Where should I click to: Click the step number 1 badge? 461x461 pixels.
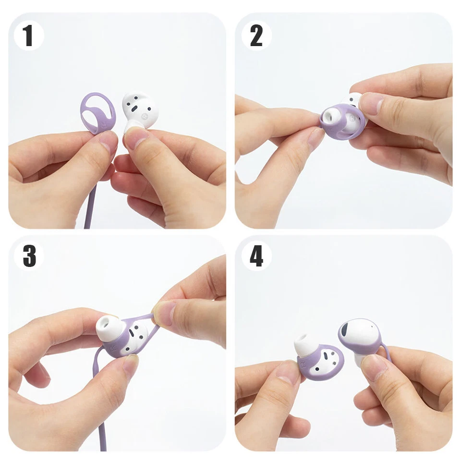[x=28, y=36]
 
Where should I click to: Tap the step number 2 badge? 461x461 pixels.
[x=256, y=36]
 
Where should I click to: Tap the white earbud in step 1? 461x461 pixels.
[x=139, y=111]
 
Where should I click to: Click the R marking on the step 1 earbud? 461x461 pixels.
[x=144, y=116]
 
